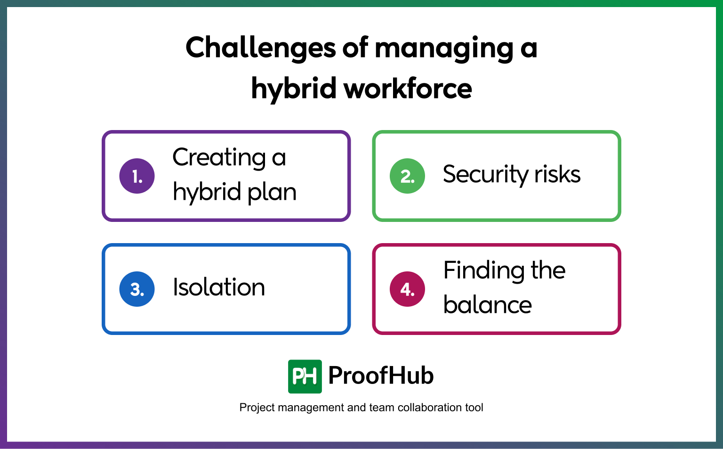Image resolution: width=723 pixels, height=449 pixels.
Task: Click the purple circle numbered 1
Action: tap(137, 176)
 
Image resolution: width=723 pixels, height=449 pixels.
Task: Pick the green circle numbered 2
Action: tap(407, 176)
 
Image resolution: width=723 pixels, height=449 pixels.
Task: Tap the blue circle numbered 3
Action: tap(137, 289)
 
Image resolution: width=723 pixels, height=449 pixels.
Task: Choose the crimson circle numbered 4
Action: tap(407, 289)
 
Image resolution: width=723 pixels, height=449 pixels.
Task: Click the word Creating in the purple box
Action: tap(219, 158)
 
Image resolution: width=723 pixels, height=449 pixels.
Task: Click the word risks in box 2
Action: tap(557, 174)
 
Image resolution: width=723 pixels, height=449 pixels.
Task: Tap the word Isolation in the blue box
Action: tap(219, 287)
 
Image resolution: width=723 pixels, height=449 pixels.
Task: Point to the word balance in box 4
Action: tap(488, 305)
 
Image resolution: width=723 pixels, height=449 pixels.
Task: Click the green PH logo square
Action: tap(305, 376)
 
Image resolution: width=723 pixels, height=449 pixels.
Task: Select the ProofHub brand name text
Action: tap(381, 376)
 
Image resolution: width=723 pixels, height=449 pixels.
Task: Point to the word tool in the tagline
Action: tap(474, 408)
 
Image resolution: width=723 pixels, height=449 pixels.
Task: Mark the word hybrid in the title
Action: tap(294, 90)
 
